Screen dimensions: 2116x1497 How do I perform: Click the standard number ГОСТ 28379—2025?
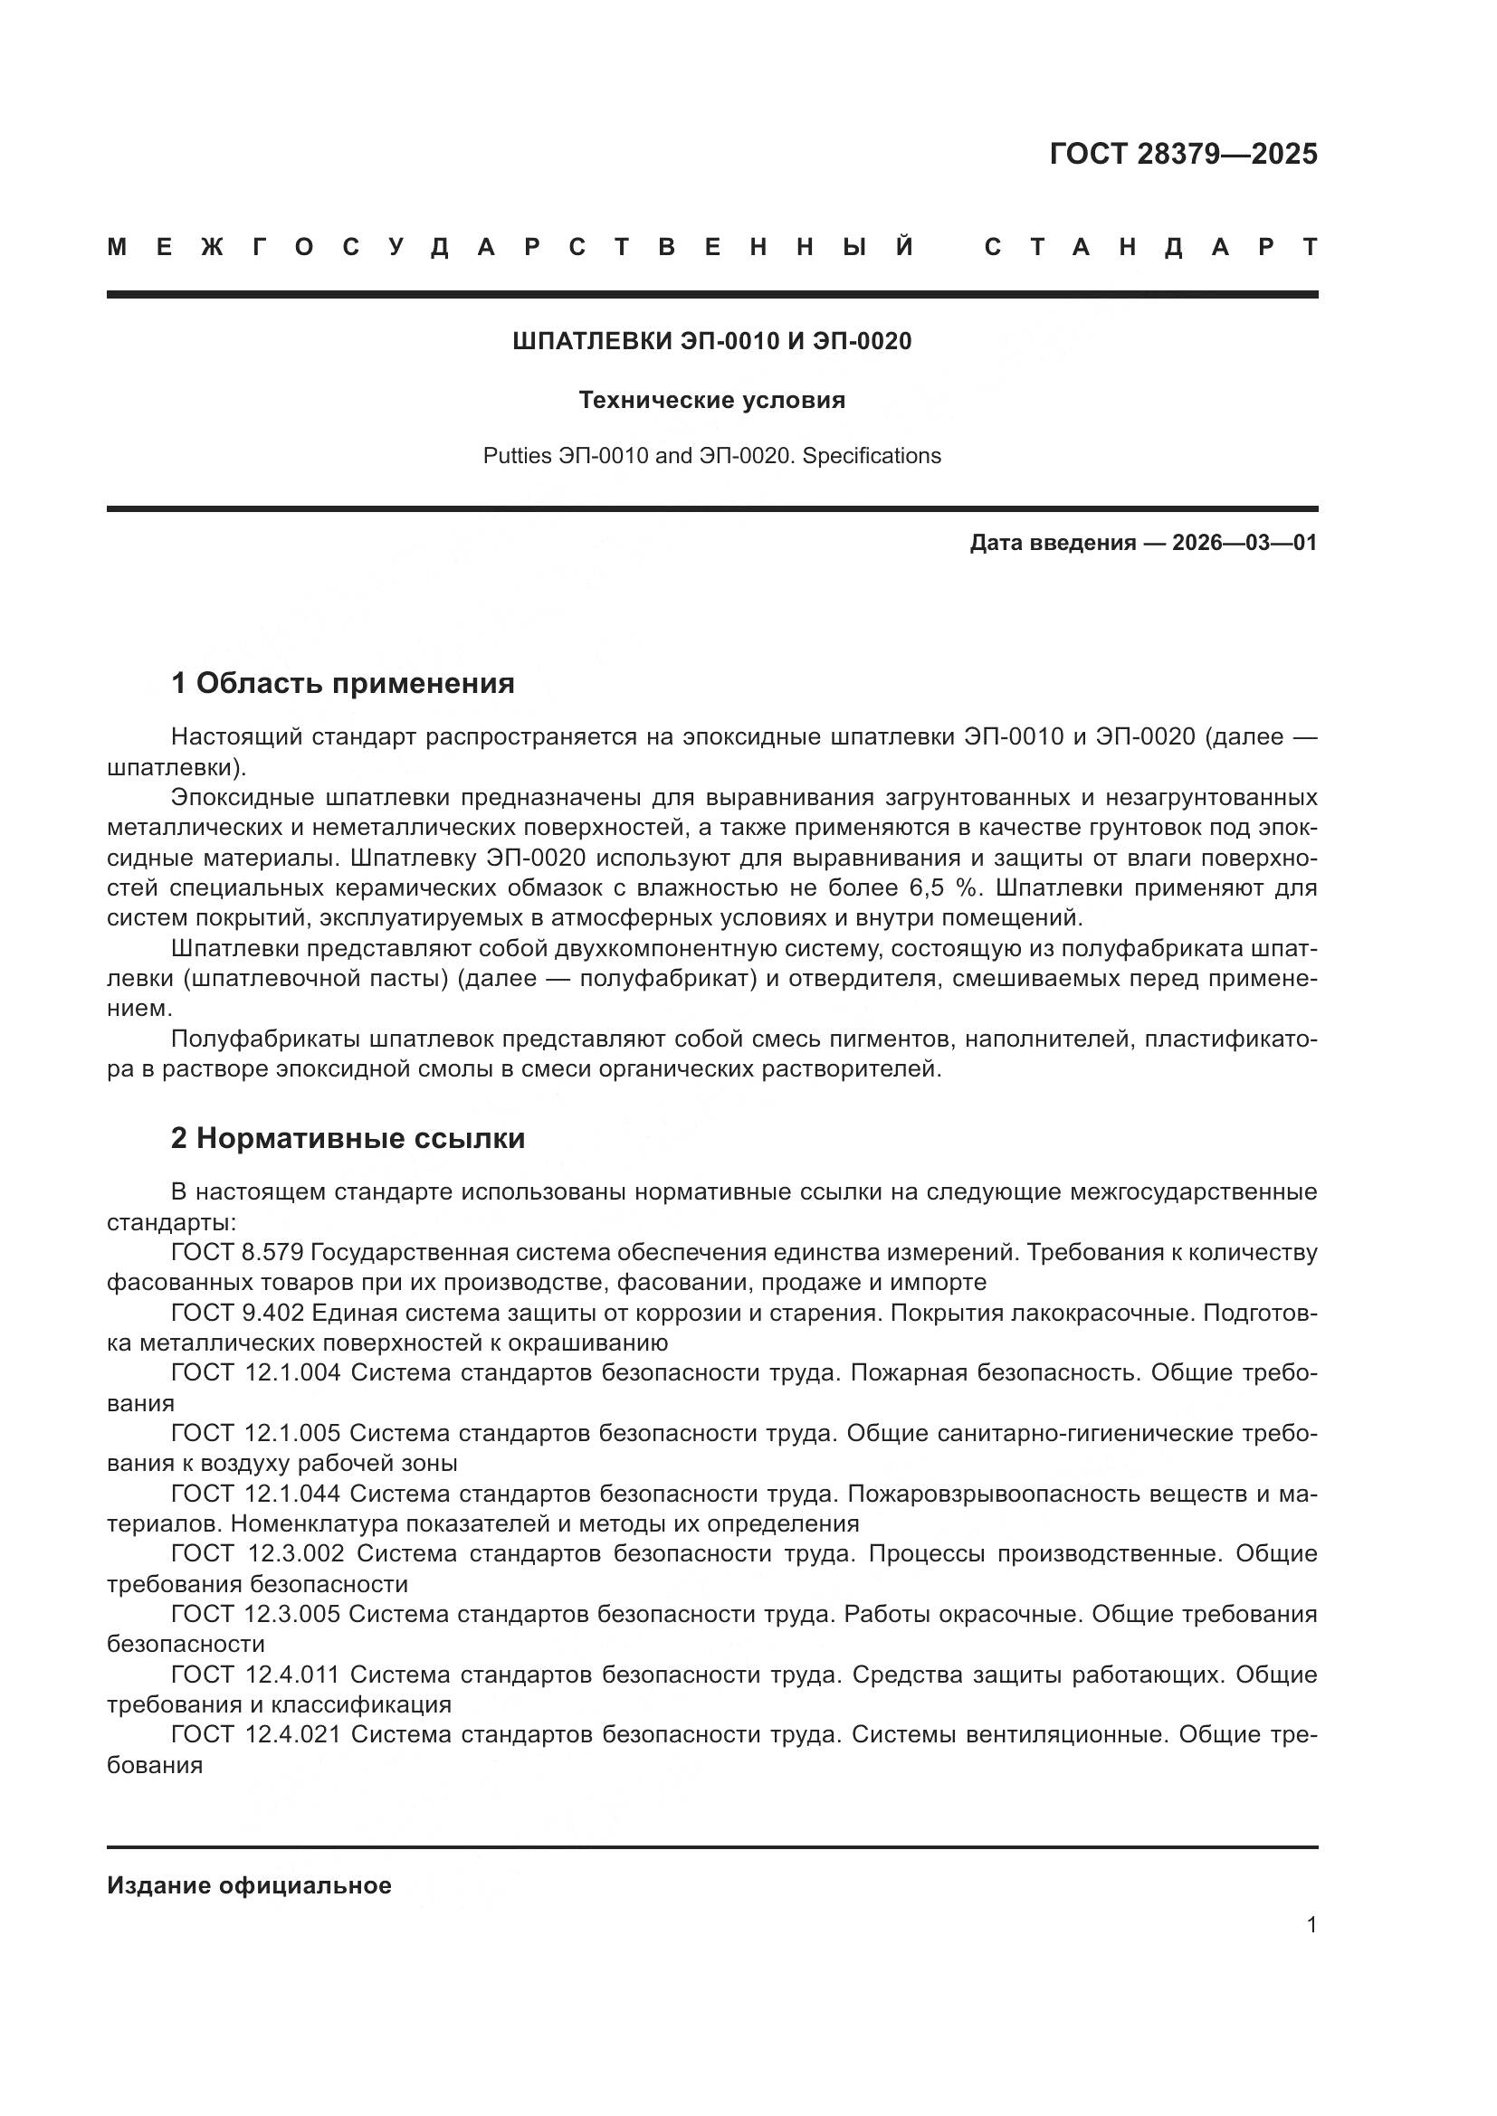[x=1183, y=154]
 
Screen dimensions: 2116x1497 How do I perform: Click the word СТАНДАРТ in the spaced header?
[x=1150, y=247]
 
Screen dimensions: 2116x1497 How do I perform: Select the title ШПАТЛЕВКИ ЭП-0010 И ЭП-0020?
[x=711, y=342]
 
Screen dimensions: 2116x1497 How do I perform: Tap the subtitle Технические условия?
[x=711, y=400]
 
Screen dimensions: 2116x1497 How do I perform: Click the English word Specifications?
[x=871, y=456]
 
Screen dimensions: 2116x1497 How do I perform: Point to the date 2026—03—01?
[x=1244, y=543]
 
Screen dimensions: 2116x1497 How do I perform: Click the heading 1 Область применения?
[x=343, y=684]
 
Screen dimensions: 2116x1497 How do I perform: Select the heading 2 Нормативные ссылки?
[x=348, y=1138]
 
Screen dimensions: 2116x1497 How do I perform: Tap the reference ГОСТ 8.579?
[x=237, y=1252]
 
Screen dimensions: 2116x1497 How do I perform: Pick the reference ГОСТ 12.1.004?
[x=255, y=1372]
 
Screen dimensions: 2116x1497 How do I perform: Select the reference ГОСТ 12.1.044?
[x=255, y=1493]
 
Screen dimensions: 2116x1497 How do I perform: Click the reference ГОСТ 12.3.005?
[x=255, y=1614]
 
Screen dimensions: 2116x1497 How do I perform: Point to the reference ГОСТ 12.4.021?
[x=255, y=1734]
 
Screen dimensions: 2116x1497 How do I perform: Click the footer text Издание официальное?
[x=249, y=1885]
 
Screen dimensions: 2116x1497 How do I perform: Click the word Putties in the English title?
[x=517, y=456]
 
